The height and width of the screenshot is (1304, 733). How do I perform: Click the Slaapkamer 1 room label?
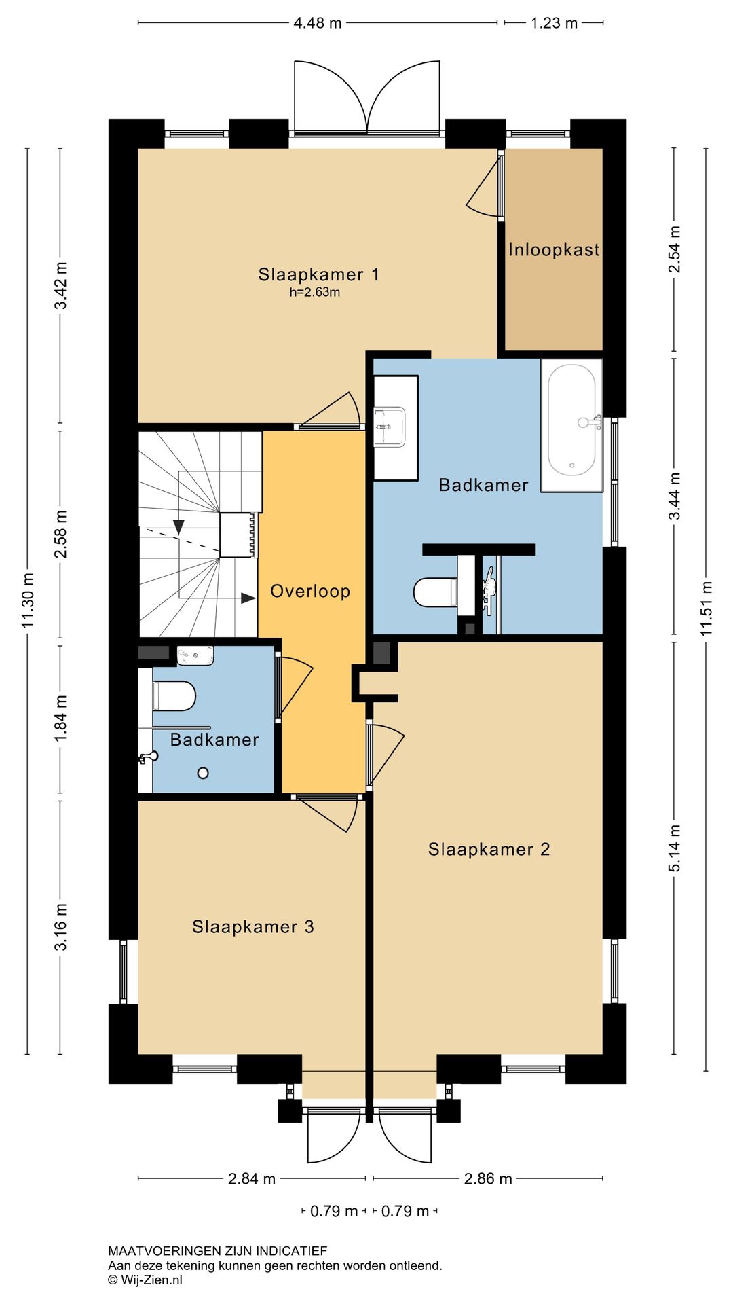point(318,274)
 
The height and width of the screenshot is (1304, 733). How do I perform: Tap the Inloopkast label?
point(554,249)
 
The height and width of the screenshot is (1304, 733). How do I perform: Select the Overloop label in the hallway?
point(310,591)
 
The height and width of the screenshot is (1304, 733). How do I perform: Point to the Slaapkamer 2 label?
point(489,849)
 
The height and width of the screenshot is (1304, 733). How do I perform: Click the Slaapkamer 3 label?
point(253,927)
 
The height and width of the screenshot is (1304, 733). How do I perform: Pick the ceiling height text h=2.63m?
point(315,293)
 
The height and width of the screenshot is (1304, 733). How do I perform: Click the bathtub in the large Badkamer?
point(572,425)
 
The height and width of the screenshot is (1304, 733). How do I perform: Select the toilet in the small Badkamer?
point(174,695)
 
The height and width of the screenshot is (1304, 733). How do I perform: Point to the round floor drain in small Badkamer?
point(203,773)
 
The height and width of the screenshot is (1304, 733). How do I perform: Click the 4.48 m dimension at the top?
point(318,23)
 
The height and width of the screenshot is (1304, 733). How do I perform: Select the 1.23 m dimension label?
point(554,23)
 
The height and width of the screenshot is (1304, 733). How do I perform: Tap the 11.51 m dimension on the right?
point(707,609)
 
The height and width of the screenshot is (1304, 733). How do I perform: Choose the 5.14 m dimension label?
point(674,848)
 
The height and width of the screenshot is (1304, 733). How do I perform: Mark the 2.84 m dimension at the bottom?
point(252,1178)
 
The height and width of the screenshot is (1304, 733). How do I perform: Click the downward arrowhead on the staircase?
point(178,526)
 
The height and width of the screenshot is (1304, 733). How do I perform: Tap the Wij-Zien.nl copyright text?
point(145,1280)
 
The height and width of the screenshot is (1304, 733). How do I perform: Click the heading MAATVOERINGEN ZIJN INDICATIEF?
point(218,1250)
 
